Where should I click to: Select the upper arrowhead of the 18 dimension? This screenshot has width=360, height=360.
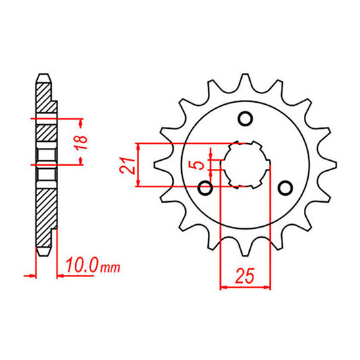pos(82,123)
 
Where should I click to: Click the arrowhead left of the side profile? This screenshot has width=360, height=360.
pos(30,275)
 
